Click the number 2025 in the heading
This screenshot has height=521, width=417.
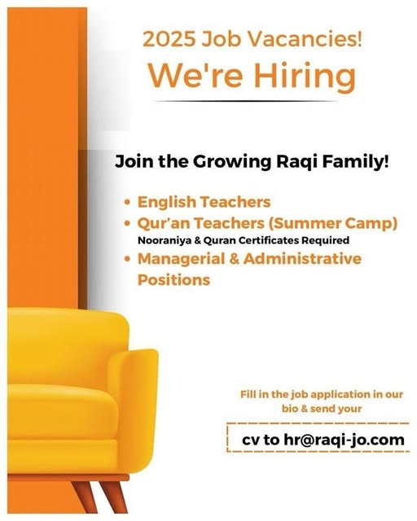point(169,39)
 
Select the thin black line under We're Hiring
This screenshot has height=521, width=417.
point(247,101)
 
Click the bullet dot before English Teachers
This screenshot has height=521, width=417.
point(127,202)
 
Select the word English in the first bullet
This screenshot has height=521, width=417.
point(167,203)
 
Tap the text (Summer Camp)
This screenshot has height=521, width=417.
point(333,223)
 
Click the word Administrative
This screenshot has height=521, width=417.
point(302,259)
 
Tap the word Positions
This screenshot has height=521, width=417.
point(174,280)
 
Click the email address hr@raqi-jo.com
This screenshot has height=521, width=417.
point(345,440)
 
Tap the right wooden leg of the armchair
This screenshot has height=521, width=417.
point(115,496)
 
